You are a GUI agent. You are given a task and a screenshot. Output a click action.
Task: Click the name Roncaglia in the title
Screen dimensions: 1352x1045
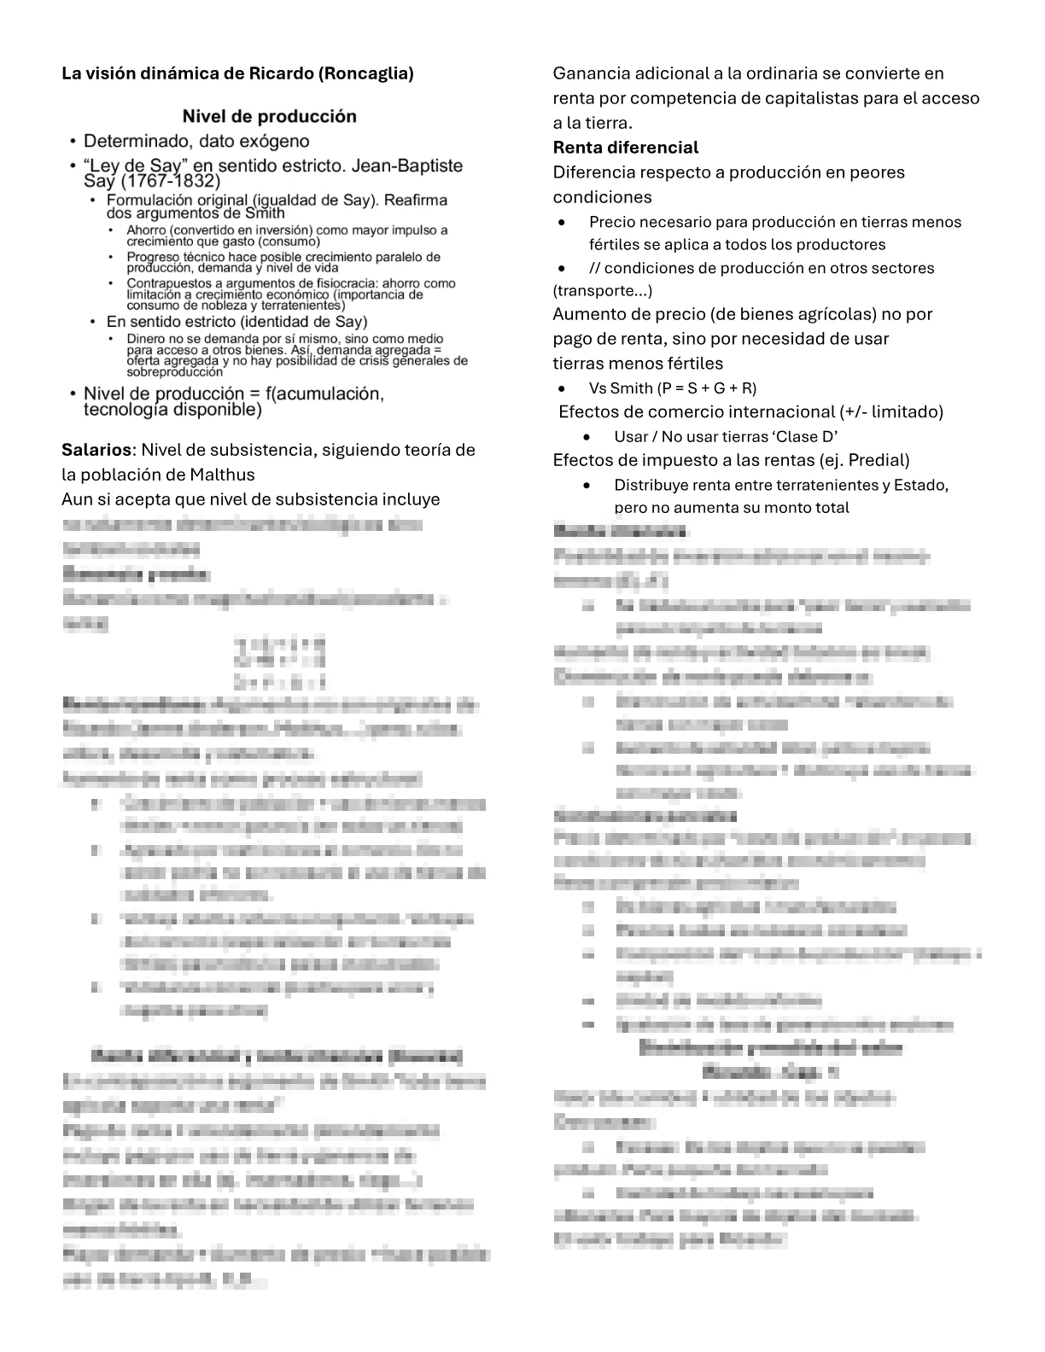point(366,73)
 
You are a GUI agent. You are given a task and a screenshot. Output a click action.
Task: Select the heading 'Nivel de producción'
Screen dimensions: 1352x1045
point(269,116)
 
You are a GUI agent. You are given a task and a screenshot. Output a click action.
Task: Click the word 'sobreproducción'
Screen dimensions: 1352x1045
point(174,372)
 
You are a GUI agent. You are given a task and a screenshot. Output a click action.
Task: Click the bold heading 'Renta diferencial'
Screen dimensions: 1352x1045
point(625,148)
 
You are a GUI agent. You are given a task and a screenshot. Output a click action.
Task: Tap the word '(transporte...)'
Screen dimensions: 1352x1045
point(603,291)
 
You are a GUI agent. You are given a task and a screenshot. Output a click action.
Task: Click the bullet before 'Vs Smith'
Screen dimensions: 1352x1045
point(561,388)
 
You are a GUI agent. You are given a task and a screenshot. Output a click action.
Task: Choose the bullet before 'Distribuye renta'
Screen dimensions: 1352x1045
point(586,486)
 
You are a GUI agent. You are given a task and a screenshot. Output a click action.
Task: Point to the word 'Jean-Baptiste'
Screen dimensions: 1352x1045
point(407,166)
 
